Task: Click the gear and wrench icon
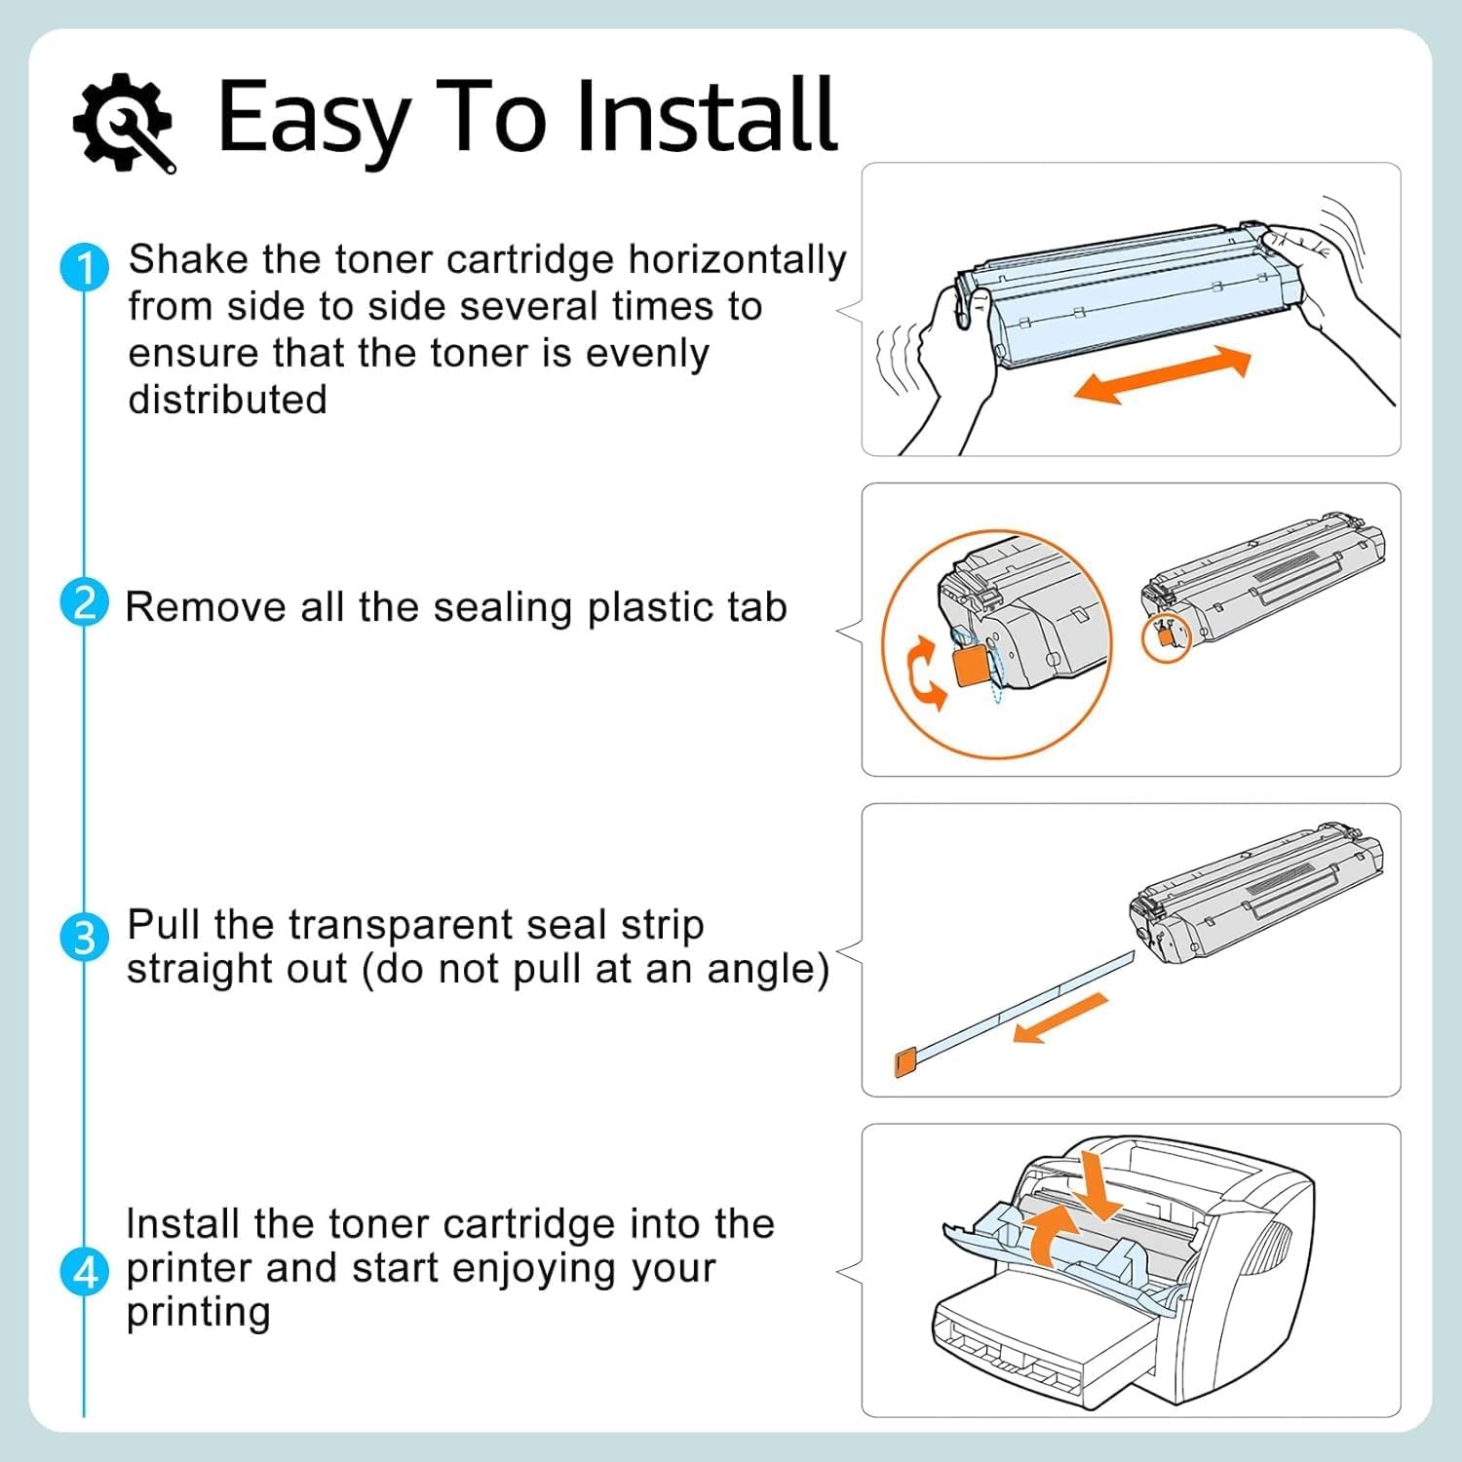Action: [125, 123]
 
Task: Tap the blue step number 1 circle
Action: [85, 267]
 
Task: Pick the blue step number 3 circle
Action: [84, 938]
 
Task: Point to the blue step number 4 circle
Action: [84, 1272]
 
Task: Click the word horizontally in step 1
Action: [737, 261]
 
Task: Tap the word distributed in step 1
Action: [228, 400]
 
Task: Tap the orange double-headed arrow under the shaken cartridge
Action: [1162, 375]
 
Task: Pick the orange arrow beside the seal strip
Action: [1061, 1019]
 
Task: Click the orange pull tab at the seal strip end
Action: [904, 1061]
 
